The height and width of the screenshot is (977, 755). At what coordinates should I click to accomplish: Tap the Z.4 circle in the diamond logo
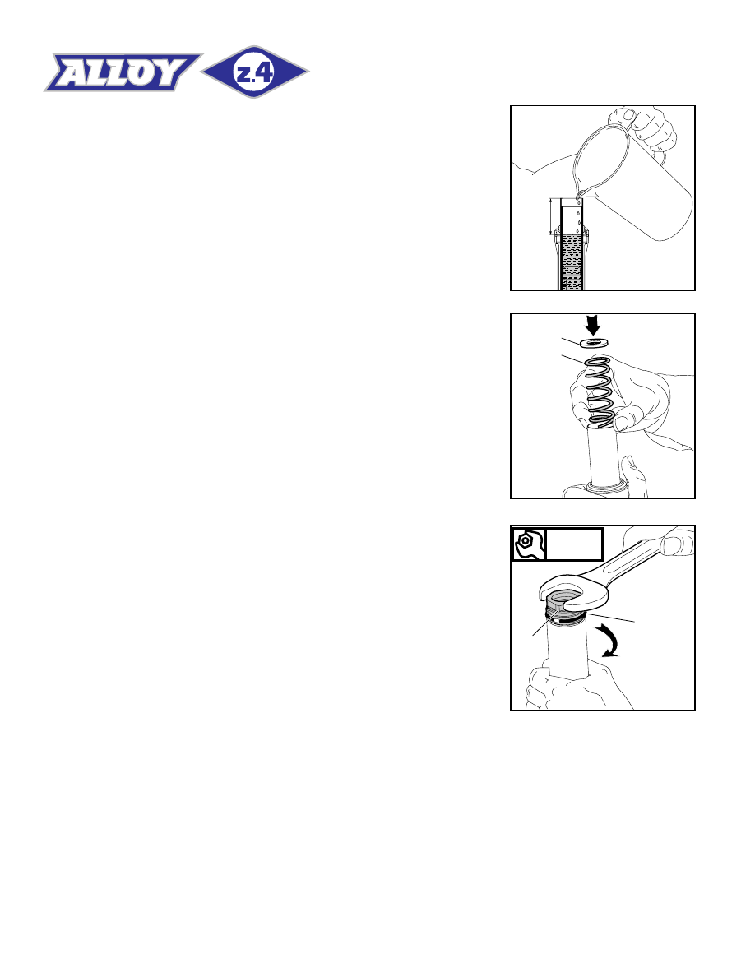pyautogui.click(x=255, y=72)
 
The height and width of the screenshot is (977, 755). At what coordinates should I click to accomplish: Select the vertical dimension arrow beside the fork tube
pyautogui.click(x=551, y=217)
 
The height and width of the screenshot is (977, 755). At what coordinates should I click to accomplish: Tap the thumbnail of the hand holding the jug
pyautogui.click(x=628, y=116)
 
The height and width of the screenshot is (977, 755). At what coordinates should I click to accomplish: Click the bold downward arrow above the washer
pyautogui.click(x=593, y=325)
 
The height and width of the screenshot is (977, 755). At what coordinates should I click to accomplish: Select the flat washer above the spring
pyautogui.click(x=594, y=343)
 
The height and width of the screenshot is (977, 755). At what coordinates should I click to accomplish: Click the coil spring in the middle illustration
pyautogui.click(x=599, y=392)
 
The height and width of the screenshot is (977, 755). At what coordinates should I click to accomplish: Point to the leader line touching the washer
pyautogui.click(x=571, y=341)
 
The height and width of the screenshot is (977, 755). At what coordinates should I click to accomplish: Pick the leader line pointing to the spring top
pyautogui.click(x=573, y=359)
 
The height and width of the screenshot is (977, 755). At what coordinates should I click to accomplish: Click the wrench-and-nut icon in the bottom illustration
pyautogui.click(x=530, y=544)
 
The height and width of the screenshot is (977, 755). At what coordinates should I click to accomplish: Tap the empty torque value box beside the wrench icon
pyautogui.click(x=574, y=544)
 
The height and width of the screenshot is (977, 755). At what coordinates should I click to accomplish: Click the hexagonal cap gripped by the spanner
pyautogui.click(x=563, y=608)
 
